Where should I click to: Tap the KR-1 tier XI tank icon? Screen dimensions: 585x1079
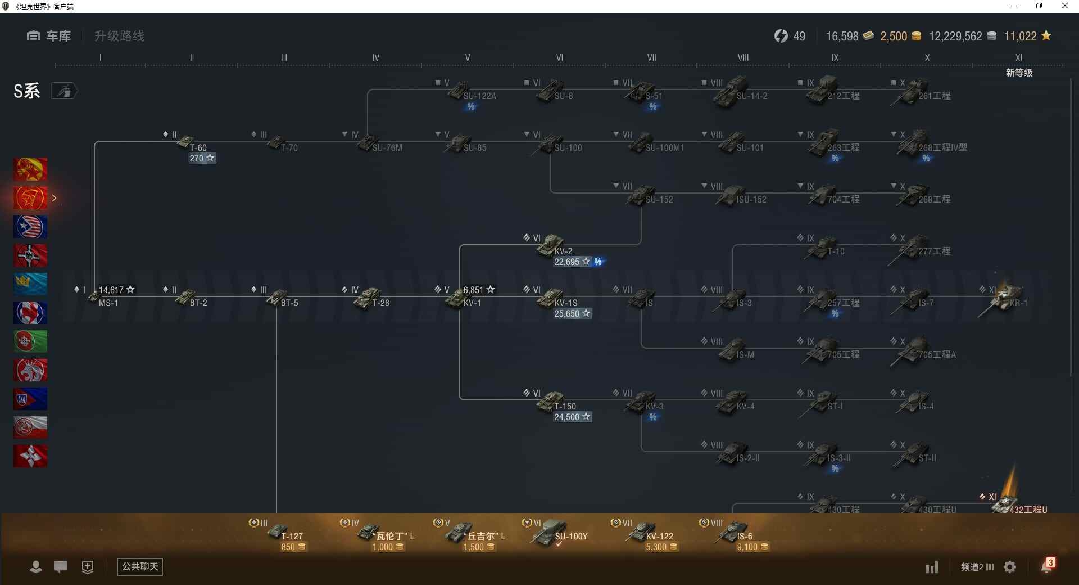1006,297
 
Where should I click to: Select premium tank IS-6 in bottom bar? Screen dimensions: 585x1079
733,532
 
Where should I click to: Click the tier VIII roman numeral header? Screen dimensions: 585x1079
743,57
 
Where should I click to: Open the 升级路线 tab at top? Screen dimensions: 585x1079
119,37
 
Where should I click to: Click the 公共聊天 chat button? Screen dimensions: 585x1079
140,566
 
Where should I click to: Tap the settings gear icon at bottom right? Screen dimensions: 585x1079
1010,567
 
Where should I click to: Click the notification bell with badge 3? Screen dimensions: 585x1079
1046,566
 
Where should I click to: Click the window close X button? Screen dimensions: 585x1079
1064,6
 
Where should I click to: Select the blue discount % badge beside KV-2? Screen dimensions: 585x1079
598,262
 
